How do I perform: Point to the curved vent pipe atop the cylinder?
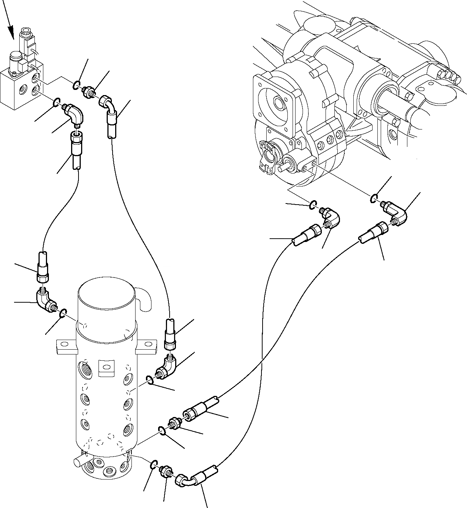[145, 298]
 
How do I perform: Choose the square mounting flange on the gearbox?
[273, 100]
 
